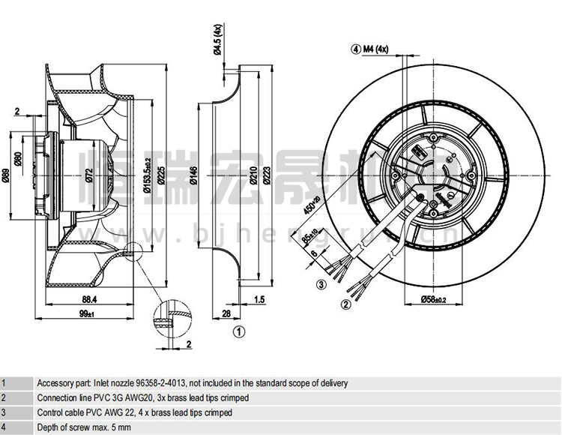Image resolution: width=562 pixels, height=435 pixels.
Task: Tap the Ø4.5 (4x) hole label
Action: point(217,39)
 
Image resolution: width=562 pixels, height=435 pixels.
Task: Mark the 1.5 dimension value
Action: point(259,299)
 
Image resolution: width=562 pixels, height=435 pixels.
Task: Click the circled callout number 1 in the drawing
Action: point(238,330)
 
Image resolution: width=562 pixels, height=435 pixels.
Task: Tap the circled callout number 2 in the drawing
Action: point(346,304)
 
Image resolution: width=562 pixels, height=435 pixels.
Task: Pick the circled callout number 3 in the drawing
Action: point(321,284)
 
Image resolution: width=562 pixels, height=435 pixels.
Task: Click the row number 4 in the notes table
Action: point(4,427)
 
